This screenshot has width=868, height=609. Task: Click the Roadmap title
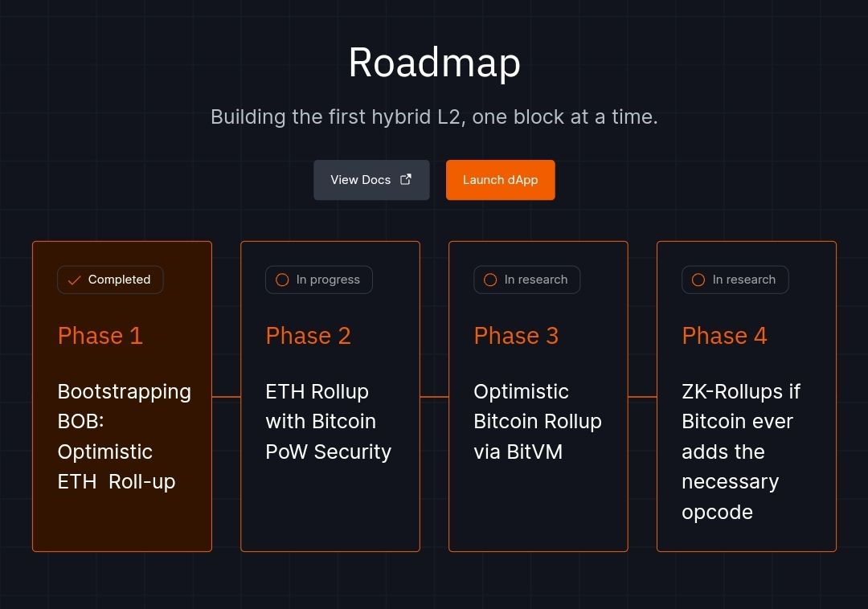[x=435, y=63]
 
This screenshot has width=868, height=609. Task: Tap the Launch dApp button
[x=501, y=180]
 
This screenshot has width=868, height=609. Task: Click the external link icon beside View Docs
[x=406, y=179]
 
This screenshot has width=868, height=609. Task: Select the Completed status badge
[x=110, y=280]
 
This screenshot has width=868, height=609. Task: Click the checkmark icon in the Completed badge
[x=74, y=280]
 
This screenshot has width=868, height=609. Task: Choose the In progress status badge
[x=319, y=280]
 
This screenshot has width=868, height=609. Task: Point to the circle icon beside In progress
[x=282, y=280]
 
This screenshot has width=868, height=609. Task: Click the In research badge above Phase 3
[x=527, y=280]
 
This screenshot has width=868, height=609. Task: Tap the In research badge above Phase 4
[x=735, y=280]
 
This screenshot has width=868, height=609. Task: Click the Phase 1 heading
[x=100, y=336]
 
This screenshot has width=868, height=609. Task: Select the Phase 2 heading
[x=309, y=336]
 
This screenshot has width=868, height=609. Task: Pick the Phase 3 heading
[x=517, y=336]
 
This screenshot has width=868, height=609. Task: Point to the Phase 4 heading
[x=725, y=336]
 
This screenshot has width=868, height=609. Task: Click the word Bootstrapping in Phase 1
[x=125, y=392]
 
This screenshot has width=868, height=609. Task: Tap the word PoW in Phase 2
[x=287, y=452]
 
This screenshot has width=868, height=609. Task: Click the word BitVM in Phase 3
[x=534, y=452]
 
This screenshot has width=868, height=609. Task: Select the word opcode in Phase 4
[x=718, y=513]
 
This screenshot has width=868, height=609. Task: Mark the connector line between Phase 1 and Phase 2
[x=227, y=397]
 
